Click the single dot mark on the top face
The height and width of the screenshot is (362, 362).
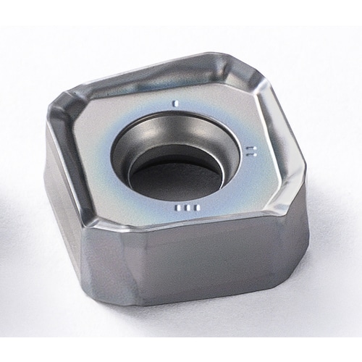point(174,103)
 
